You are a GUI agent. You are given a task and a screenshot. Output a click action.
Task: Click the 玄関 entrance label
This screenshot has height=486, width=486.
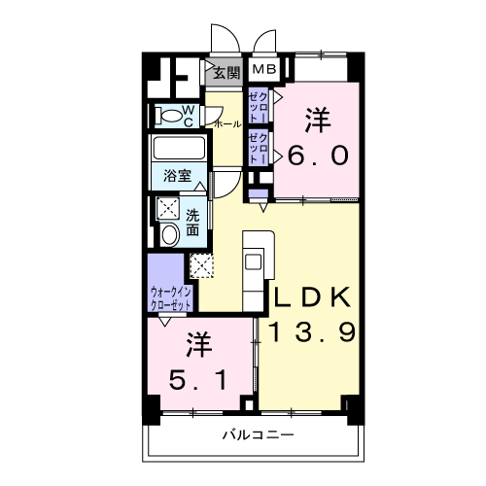(x=226, y=74)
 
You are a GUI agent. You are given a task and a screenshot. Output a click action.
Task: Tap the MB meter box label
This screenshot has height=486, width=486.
(x=263, y=69)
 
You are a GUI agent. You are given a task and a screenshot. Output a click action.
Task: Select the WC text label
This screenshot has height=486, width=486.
(x=189, y=116)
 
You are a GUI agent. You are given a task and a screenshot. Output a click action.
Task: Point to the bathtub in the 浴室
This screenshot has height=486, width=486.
(x=179, y=148)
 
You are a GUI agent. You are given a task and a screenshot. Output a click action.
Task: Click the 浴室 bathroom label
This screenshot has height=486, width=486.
(x=178, y=175)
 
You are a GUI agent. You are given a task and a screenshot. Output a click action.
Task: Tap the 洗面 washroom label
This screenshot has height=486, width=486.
(x=192, y=223)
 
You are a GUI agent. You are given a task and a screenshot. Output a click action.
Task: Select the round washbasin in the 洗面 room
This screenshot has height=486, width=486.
(x=170, y=234)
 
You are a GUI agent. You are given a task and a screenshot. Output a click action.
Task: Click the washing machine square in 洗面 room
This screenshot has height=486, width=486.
(x=168, y=208)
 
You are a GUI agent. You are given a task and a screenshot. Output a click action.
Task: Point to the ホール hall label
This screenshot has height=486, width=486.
(x=228, y=123)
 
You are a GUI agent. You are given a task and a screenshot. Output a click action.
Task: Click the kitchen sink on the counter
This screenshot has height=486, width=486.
(x=253, y=261)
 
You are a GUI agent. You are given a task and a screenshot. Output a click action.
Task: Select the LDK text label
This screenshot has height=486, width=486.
(x=313, y=297)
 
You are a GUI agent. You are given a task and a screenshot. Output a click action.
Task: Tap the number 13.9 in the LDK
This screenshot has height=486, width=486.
(x=313, y=332)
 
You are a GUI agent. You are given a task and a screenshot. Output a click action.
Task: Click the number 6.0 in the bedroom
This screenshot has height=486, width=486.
(x=318, y=155)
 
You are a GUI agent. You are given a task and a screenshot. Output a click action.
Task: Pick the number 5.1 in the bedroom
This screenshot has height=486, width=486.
(x=197, y=380)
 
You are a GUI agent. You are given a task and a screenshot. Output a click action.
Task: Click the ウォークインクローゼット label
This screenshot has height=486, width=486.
(x=171, y=299)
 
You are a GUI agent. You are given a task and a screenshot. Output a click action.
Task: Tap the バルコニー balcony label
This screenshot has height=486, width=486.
(x=259, y=434)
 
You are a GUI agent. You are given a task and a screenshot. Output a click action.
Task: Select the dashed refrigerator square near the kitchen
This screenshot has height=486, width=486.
(x=201, y=265)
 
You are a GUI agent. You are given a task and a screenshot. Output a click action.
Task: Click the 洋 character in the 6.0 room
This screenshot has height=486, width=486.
(x=318, y=121)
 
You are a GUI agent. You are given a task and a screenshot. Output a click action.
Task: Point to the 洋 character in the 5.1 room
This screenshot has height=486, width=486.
(x=199, y=345)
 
